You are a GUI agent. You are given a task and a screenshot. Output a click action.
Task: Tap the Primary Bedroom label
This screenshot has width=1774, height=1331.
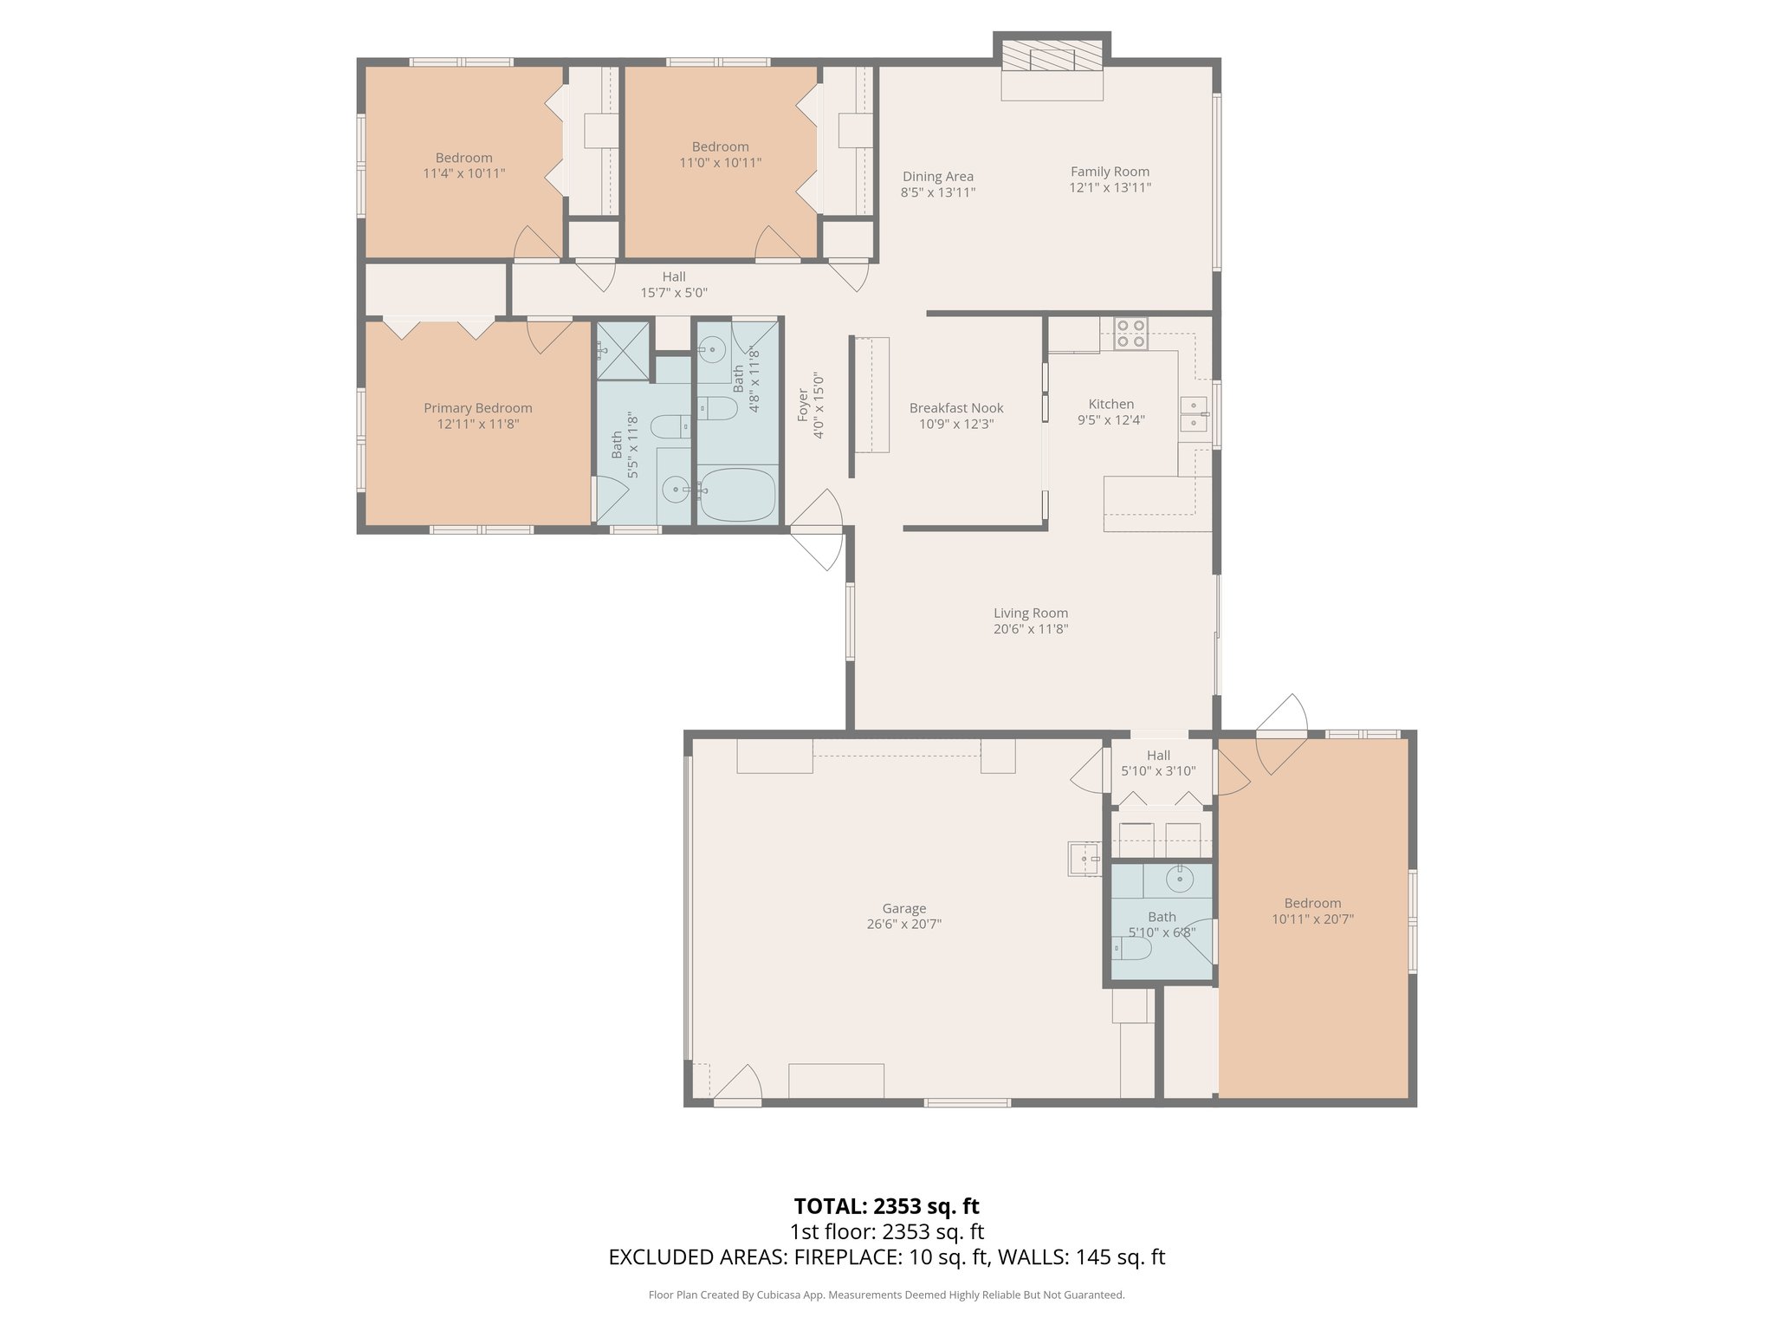pos(477,408)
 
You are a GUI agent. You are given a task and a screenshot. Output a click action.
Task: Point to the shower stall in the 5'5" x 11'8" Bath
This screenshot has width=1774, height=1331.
pos(623,350)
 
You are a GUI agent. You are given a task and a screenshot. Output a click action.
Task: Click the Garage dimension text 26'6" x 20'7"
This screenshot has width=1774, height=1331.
pos(903,924)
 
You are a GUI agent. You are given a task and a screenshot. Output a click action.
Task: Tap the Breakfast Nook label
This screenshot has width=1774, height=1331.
pos(955,408)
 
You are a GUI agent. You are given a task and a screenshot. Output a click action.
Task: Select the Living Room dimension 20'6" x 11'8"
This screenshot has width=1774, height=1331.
pos(1030,629)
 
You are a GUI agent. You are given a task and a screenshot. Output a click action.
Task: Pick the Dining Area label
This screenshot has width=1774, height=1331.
pos(937,177)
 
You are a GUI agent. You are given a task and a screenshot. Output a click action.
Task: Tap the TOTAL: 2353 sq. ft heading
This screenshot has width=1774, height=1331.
pos(886,1206)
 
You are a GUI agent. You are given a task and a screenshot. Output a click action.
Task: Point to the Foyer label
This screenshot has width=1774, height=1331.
pos(803,406)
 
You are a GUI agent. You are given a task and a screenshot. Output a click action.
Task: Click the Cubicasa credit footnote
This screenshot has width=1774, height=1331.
pos(886,1295)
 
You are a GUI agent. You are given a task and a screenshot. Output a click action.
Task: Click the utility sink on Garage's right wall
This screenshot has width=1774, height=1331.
pos(1082,860)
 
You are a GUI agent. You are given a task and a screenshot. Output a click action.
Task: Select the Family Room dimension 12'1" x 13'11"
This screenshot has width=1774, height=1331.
pos(1110,187)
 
